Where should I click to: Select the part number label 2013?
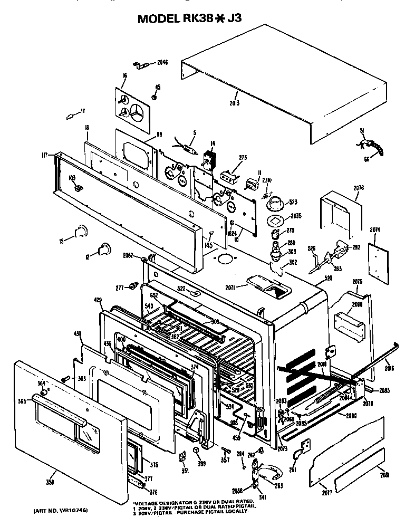pyautogui.click(x=234, y=103)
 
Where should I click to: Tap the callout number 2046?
pyautogui.click(x=162, y=63)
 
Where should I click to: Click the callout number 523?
pyautogui.click(x=293, y=202)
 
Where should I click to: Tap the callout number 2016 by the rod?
pyautogui.click(x=389, y=368)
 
